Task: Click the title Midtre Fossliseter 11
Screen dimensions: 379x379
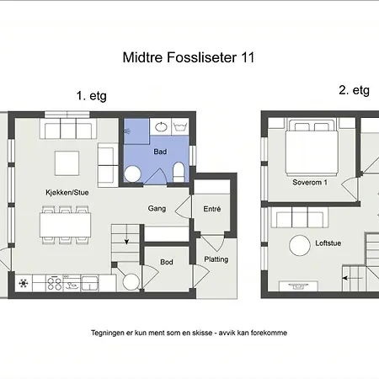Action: [189, 58]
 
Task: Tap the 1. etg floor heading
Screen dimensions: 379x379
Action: [92, 96]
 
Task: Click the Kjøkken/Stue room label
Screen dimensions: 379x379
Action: [67, 193]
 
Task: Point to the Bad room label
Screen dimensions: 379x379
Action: [160, 152]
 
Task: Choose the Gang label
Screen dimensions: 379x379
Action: [157, 208]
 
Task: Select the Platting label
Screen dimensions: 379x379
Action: [216, 259]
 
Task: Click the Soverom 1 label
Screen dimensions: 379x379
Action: [309, 182]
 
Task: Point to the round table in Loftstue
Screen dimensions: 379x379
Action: [302, 246]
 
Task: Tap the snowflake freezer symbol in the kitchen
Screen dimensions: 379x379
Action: [24, 282]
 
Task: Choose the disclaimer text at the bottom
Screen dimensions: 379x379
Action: [189, 333]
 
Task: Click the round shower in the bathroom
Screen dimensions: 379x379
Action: [131, 173]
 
